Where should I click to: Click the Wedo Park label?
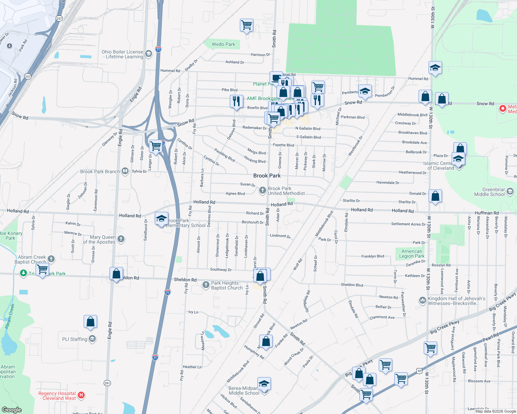point(223,44)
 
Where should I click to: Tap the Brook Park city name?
point(267,176)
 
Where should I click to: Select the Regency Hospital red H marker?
point(81,395)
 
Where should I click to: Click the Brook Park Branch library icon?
point(125,171)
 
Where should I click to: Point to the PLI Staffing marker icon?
point(92,339)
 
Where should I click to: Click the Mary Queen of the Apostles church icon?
point(121,239)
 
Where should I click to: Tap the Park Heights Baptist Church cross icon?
point(206,285)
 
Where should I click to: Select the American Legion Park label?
point(412,254)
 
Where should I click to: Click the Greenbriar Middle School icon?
point(510,191)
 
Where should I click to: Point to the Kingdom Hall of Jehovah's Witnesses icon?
point(422,300)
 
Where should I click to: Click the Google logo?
point(11,410)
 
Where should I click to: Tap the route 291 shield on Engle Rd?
point(107,383)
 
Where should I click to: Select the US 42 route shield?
point(419,371)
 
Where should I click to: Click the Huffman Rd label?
point(487,213)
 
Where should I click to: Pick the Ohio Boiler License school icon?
point(149,54)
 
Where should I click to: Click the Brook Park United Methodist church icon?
point(262,190)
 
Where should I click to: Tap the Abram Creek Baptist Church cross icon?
point(51,259)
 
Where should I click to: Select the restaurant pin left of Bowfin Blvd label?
point(236,102)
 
